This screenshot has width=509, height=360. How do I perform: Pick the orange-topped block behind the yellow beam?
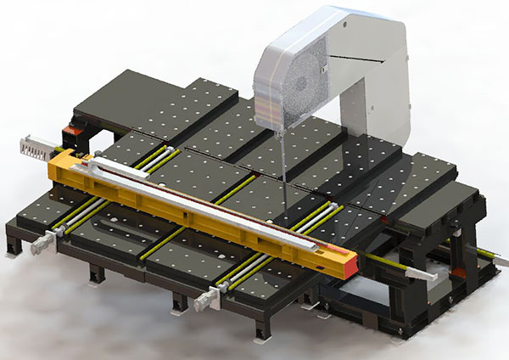tap(77, 135)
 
